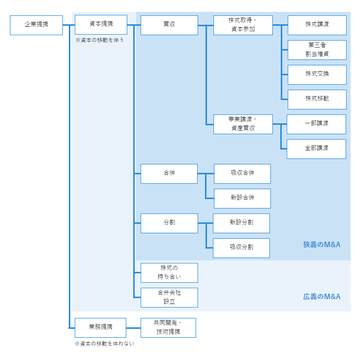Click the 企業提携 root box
[x=36, y=25]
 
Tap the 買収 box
[x=169, y=25]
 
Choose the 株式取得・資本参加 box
[x=243, y=25]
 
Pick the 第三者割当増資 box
[x=317, y=50]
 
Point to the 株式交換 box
[x=317, y=74]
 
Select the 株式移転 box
[x=317, y=99]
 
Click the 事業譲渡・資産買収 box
[x=243, y=124]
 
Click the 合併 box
[x=169, y=173]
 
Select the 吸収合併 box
[x=242, y=173]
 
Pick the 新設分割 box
[x=241, y=223]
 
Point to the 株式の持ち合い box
[x=169, y=272]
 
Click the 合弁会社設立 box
[x=169, y=297]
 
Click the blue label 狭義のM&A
[x=321, y=245]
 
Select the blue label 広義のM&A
[x=321, y=297]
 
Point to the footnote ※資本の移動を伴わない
[x=104, y=343]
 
